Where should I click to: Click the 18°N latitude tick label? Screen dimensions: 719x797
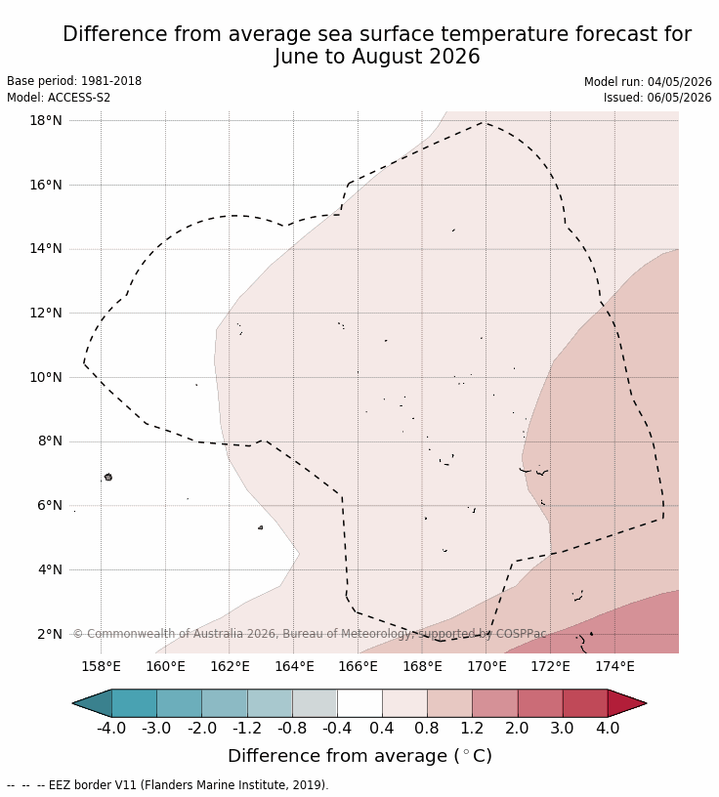(x=46, y=120)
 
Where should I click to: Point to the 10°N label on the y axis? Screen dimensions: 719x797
(x=46, y=377)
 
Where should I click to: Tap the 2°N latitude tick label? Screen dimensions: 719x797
(x=50, y=634)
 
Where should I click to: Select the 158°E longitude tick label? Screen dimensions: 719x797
(x=102, y=666)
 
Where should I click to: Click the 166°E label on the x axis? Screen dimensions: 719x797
(x=358, y=666)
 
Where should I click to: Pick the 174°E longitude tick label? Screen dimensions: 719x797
(x=614, y=666)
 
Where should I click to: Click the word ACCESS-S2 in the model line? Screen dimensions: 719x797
(x=79, y=98)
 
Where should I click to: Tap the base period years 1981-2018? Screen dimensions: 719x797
(x=111, y=81)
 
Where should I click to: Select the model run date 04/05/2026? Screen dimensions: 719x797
(x=679, y=82)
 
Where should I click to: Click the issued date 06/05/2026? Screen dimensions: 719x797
(x=679, y=98)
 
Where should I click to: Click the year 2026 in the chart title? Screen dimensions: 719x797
(x=454, y=56)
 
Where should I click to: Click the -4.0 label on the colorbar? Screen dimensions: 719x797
(x=111, y=728)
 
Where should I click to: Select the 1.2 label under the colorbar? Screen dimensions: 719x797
(x=472, y=728)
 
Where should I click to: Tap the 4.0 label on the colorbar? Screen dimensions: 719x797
(x=608, y=728)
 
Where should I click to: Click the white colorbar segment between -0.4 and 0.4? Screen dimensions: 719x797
(x=359, y=703)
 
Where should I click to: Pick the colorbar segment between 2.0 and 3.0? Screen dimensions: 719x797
(x=540, y=703)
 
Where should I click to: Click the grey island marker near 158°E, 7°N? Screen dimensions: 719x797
(x=108, y=477)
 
